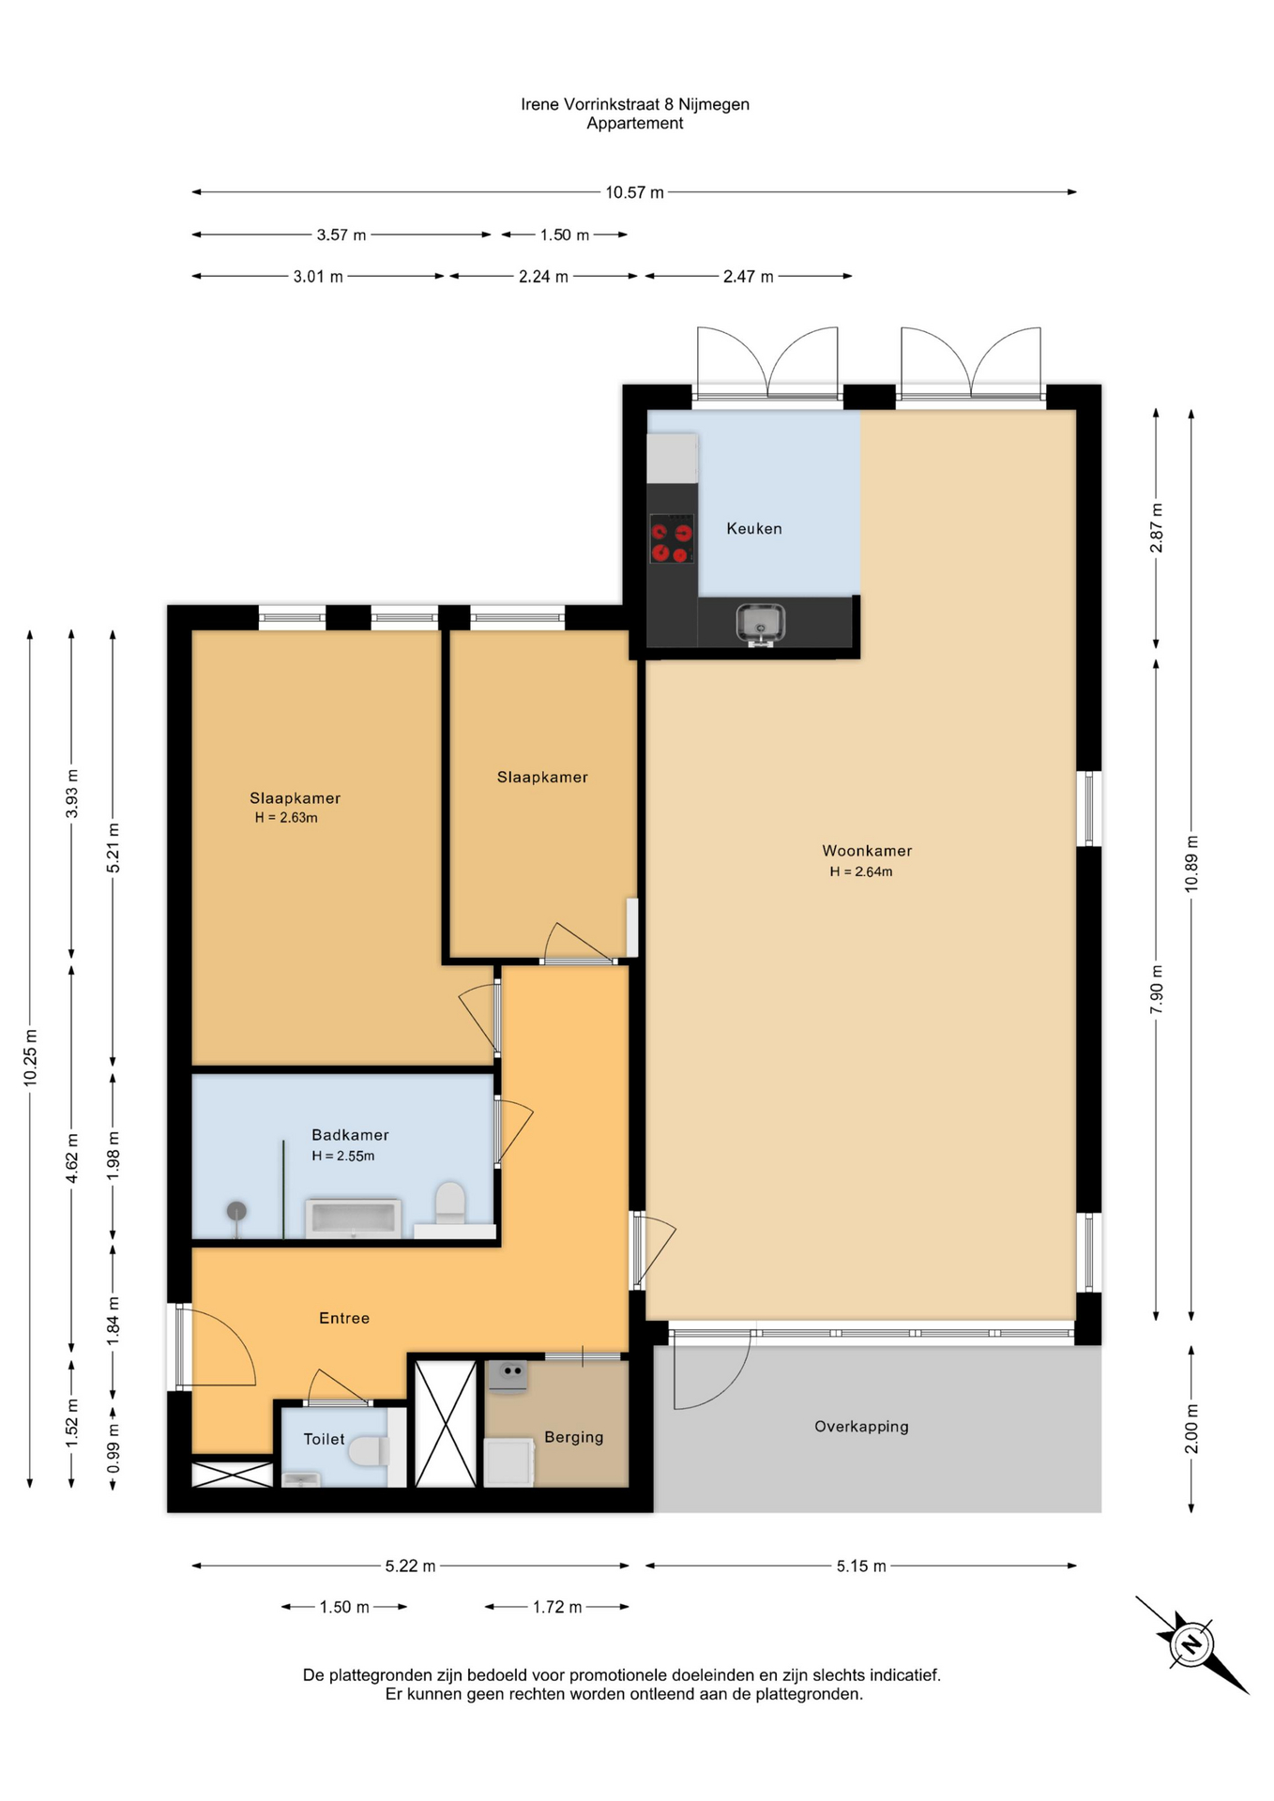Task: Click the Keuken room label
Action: click(753, 528)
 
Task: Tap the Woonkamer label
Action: click(867, 851)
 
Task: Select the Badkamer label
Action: click(350, 1135)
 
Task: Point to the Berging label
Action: click(573, 1437)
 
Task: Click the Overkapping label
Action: click(861, 1427)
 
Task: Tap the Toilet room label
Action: click(324, 1439)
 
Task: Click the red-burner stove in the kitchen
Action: click(672, 538)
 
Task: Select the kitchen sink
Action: click(760, 624)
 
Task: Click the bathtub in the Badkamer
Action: click(353, 1218)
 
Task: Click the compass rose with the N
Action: click(1191, 1644)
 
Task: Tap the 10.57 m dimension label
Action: click(634, 192)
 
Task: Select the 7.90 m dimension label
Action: click(1157, 989)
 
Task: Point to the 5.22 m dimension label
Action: click(410, 1566)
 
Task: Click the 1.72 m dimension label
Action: click(557, 1607)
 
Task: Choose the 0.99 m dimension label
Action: click(114, 1444)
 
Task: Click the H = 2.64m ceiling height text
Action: click(860, 871)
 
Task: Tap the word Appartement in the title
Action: click(635, 124)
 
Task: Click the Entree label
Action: click(344, 1318)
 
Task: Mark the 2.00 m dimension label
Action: click(1191, 1429)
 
